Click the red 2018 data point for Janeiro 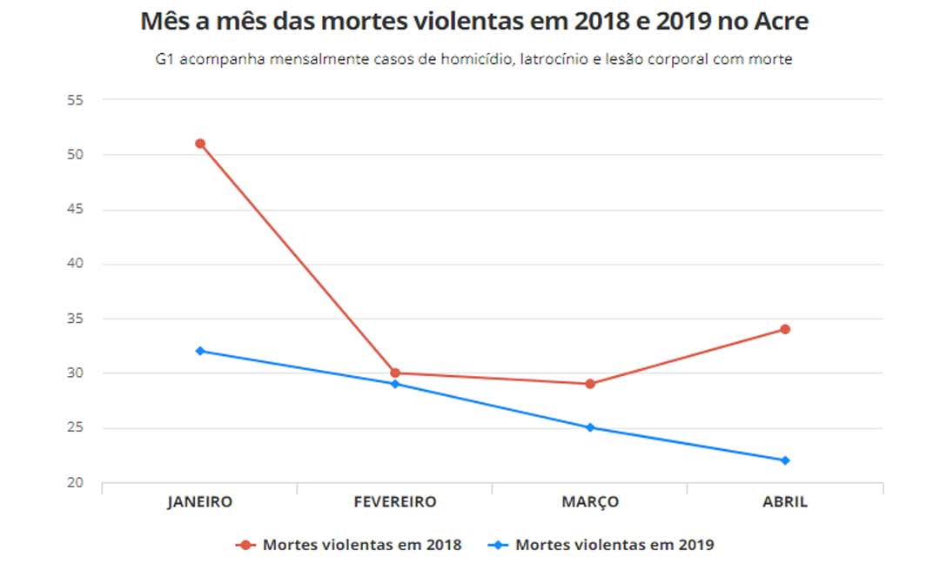click(x=200, y=144)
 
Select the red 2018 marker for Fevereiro click(x=395, y=373)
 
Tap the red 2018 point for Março click(x=590, y=384)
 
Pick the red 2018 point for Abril click(x=785, y=329)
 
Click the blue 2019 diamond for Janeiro click(x=200, y=351)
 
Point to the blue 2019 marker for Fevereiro click(x=395, y=384)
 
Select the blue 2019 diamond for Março click(x=590, y=427)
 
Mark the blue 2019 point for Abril click(x=785, y=460)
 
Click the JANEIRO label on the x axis click(x=200, y=502)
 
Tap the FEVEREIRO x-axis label click(x=395, y=502)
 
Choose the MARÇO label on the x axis click(x=590, y=502)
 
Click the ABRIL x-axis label click(x=785, y=502)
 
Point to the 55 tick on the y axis click(x=74, y=100)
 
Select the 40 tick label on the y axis click(x=74, y=264)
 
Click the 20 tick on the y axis click(x=74, y=483)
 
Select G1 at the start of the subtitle click(x=165, y=60)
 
